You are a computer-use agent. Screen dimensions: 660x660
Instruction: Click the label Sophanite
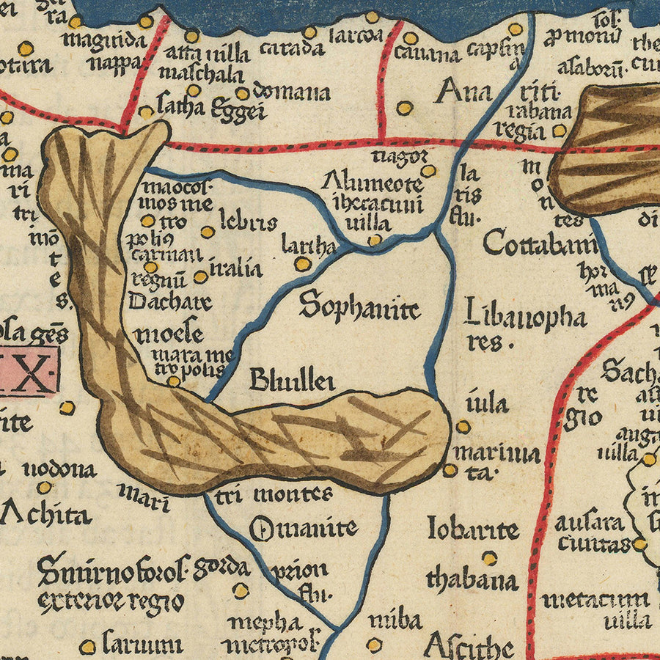coord(359,307)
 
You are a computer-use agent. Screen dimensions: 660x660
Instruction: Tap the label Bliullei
coord(292,380)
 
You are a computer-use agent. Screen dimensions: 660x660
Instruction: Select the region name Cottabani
coord(540,243)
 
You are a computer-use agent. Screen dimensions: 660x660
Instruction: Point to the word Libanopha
coord(526,317)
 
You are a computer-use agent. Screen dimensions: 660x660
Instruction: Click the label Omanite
coord(303,528)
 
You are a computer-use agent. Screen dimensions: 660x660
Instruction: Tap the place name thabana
coord(472,580)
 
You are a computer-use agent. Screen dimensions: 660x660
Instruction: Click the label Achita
coord(45,514)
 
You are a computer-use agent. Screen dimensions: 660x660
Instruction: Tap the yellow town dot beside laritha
coord(302,264)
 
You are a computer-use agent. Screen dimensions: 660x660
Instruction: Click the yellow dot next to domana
coord(243,93)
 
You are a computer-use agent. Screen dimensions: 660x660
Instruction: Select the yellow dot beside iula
coord(463,426)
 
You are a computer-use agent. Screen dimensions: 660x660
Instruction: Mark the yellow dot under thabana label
coord(489,558)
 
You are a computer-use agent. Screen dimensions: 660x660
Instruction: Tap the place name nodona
coord(59,469)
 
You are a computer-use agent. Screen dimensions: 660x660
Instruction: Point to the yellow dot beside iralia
coord(200,277)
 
